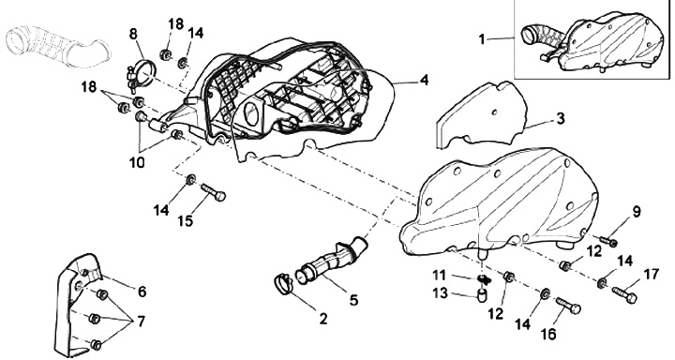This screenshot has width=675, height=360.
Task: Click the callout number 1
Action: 482,39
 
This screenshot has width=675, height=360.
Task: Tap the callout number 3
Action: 560,118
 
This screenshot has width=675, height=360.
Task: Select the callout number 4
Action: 425,81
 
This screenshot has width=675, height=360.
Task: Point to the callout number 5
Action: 353,300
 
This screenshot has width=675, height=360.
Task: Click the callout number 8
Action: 134,35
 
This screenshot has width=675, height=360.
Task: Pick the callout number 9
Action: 637,212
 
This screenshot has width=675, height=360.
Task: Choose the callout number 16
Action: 548,334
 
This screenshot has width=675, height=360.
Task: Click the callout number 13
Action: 441,293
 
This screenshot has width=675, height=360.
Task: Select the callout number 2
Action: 322,319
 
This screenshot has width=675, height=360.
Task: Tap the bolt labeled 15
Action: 214,192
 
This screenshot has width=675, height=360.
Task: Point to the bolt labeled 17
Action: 624,295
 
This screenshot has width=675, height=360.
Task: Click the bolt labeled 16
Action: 568,306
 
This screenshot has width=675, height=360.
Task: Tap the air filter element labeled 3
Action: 482,114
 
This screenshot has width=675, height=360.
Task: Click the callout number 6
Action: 142,292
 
